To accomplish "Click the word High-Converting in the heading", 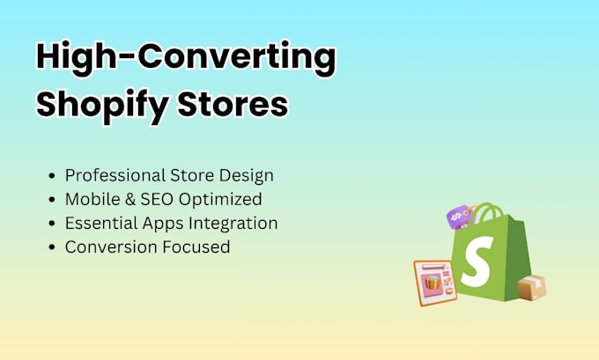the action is tap(186, 57).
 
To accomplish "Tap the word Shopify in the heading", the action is tap(102, 105).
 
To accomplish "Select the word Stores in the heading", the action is tap(233, 104).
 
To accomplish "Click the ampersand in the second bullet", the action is tap(130, 199).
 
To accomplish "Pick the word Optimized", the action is tap(220, 200).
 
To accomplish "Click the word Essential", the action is tap(101, 223).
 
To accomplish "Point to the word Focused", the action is tap(196, 247).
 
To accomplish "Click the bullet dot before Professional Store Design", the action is tap(52, 176).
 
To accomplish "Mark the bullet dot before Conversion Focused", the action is tap(52, 247).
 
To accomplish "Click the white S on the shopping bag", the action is tap(477, 261).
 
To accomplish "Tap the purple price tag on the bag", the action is tap(458, 217).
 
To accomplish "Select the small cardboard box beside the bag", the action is tap(532, 288).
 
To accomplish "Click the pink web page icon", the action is tap(435, 283).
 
